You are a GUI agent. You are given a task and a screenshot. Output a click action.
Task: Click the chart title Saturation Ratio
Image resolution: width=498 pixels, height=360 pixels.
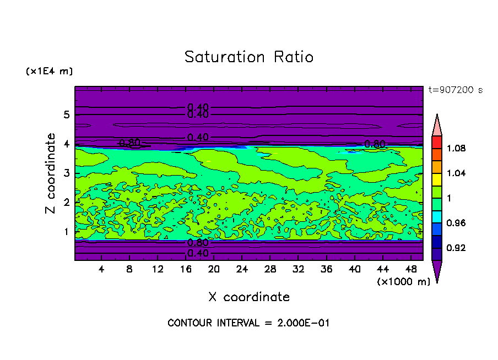click(248, 57)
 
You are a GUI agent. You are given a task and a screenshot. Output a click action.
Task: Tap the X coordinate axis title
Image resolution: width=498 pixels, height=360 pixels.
click(249, 297)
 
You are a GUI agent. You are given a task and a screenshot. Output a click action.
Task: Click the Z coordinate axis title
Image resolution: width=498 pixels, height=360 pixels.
click(52, 173)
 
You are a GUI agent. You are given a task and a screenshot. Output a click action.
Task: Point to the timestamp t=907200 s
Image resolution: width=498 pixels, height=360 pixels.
click(455, 90)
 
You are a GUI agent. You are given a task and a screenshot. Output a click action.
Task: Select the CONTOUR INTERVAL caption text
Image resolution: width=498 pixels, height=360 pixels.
click(248, 323)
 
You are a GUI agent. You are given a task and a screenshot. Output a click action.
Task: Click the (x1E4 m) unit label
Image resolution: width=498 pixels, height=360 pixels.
click(49, 72)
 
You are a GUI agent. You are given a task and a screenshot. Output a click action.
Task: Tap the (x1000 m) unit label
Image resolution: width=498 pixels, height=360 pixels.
click(403, 282)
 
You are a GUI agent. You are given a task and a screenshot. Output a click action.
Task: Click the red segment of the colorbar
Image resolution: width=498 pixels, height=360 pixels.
click(437, 142)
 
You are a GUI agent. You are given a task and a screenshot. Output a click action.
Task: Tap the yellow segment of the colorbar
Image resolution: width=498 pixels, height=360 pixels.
click(437, 179)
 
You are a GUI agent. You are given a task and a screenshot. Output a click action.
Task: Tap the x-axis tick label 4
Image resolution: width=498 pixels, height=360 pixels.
click(101, 269)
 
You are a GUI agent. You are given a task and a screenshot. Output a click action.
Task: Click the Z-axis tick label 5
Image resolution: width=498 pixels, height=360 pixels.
click(66, 115)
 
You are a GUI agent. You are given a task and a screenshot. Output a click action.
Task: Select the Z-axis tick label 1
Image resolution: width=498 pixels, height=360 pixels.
click(66, 232)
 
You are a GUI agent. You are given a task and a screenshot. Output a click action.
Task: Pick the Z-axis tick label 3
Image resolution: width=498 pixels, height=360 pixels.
click(66, 173)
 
